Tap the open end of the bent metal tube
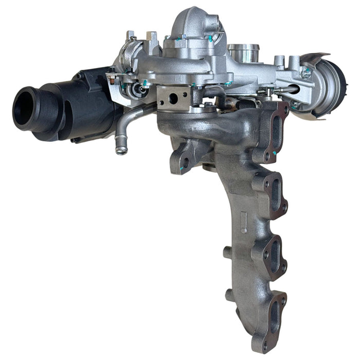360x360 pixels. pos(121,151)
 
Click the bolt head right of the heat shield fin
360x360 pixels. pos(307,73)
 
